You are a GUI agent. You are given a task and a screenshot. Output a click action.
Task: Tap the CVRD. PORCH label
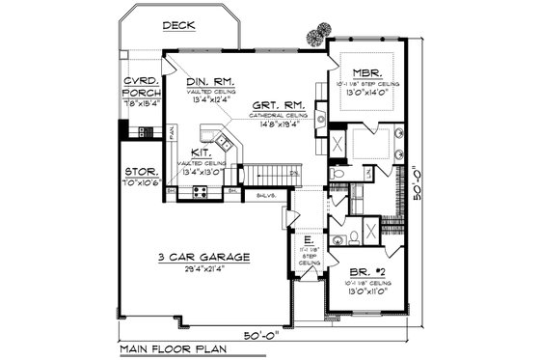pyautogui.click(x=141, y=85)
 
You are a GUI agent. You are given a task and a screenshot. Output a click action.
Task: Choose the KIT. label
pyautogui.click(x=201, y=152)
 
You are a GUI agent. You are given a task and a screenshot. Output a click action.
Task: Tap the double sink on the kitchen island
pyautogui.click(x=224, y=143)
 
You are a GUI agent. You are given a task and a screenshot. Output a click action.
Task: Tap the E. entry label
pyautogui.click(x=309, y=240)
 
